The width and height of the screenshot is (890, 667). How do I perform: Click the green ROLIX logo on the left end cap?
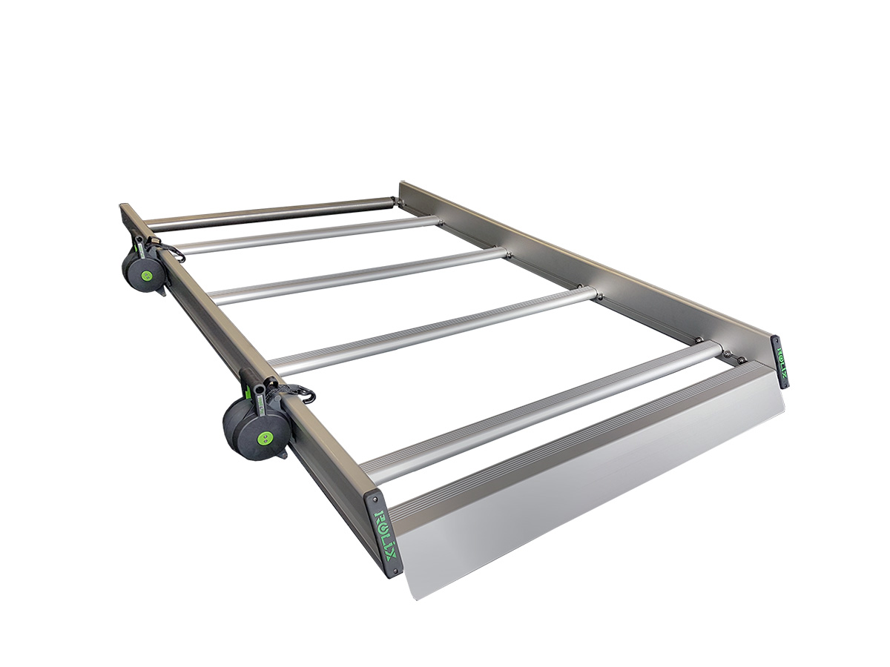click(387, 536)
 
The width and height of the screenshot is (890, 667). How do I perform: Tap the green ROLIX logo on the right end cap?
click(781, 362)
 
